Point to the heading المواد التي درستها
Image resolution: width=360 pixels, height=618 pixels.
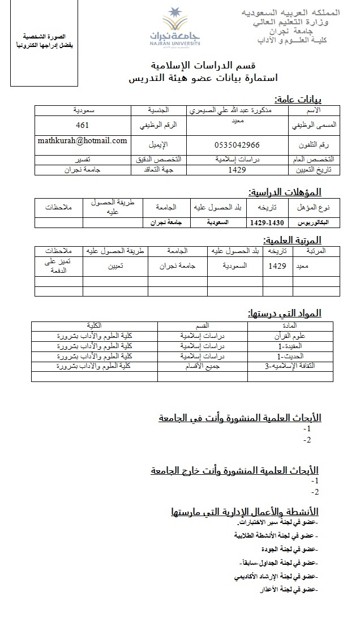(x=285, y=313)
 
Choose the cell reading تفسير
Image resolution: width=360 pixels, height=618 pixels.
(x=83, y=160)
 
